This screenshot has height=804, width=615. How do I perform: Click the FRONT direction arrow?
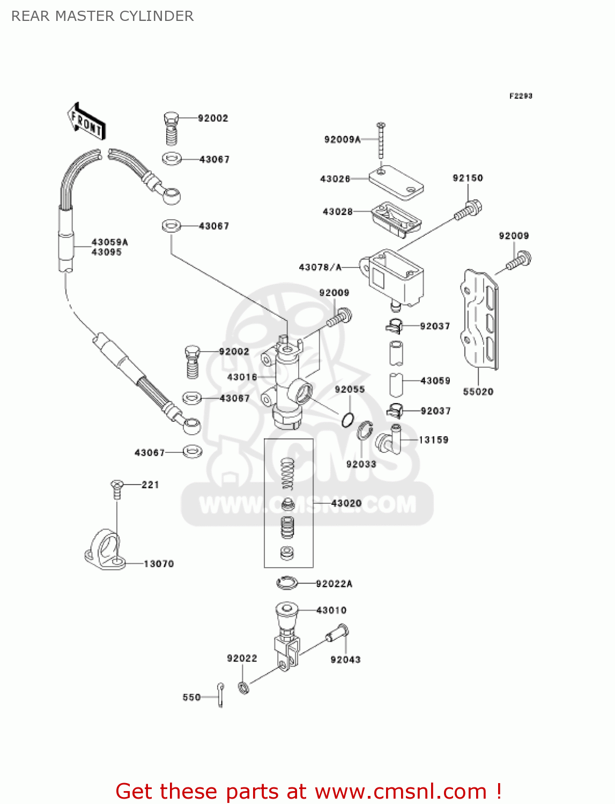tap(86, 122)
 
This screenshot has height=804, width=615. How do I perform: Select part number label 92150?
tap(468, 178)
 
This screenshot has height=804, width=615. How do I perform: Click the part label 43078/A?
tap(320, 267)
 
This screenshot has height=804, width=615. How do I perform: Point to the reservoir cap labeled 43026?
tap(396, 182)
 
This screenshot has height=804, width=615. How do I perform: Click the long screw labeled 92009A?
tap(381, 141)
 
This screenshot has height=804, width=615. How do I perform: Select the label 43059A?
tap(109, 242)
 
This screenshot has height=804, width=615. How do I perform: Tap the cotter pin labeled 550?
tap(220, 695)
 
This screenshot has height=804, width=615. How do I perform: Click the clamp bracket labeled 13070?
tap(105, 549)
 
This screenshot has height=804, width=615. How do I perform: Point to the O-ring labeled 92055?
tap(347, 419)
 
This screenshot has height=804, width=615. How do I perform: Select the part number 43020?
tap(346, 503)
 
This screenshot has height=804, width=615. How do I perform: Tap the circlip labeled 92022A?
tap(287, 582)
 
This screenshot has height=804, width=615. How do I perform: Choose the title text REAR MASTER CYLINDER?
tap(102, 16)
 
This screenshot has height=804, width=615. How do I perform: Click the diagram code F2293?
tap(520, 96)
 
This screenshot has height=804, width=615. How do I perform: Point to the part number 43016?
tap(242, 377)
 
